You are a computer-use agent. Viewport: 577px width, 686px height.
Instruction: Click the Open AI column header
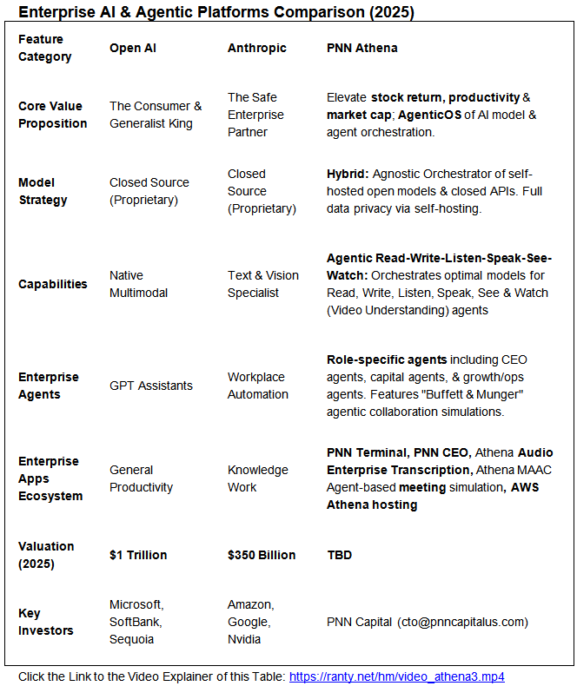[132, 48]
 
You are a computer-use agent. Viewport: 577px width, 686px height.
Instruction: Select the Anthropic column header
[256, 48]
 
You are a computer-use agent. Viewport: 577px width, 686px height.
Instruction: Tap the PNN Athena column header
[361, 48]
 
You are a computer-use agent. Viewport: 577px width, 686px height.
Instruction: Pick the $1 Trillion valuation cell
[138, 555]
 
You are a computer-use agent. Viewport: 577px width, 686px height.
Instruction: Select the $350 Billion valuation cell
[262, 555]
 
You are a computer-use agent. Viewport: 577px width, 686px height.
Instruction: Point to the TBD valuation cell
[339, 555]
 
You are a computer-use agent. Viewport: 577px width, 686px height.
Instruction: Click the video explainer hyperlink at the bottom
[396, 676]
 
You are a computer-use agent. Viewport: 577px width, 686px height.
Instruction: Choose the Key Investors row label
[47, 622]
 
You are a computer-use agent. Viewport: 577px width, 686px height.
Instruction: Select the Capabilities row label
[53, 284]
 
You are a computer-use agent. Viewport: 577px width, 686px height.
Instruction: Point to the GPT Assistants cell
[151, 386]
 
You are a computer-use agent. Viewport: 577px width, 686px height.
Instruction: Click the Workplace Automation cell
[258, 386]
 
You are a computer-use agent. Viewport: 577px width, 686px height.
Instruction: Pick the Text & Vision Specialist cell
[262, 284]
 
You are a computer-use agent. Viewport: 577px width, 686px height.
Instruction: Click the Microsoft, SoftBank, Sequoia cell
[136, 622]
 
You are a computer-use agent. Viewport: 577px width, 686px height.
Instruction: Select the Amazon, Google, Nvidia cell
[250, 622]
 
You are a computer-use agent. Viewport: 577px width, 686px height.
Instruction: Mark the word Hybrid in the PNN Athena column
[346, 174]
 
